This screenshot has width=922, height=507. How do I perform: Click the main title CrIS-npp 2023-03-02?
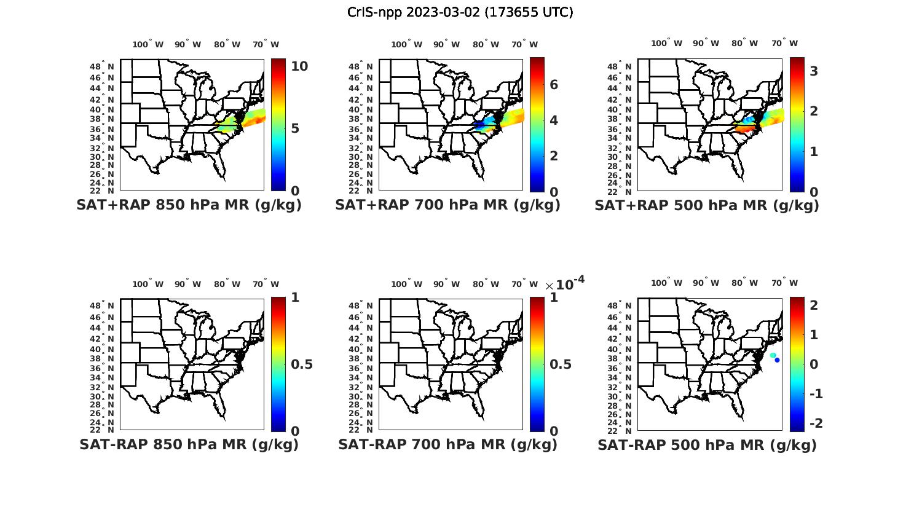[x=460, y=12]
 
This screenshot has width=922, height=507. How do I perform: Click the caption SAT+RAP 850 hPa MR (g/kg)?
[x=189, y=205]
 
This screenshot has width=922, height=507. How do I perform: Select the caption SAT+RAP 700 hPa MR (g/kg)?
[x=447, y=205]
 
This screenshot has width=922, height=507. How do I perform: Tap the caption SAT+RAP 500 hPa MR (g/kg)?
[x=707, y=205]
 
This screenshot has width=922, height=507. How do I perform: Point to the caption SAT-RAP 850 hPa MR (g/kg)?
[x=189, y=444]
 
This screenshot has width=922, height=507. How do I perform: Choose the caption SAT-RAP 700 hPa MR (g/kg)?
[x=447, y=444]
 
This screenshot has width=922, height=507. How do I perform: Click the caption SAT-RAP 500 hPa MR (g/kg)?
[x=707, y=444]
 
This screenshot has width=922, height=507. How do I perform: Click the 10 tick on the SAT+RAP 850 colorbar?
[x=299, y=66]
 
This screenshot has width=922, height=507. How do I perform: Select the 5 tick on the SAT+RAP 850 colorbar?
[x=295, y=128]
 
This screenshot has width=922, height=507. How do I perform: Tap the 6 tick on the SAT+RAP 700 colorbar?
[x=553, y=85]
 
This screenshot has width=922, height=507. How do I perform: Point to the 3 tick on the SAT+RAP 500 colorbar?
[x=814, y=71]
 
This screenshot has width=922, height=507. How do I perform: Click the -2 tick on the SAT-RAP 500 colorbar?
[x=816, y=423]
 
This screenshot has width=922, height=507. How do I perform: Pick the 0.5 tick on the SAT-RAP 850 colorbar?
[x=302, y=364]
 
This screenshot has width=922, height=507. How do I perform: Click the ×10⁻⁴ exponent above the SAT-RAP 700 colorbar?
[x=564, y=283]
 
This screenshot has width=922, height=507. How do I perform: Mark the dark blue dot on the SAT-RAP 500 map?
[x=778, y=360]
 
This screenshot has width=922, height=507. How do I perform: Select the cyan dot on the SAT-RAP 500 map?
[x=773, y=355]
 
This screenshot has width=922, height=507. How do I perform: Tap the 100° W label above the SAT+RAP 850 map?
[x=148, y=44]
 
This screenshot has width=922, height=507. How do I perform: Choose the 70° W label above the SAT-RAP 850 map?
[x=266, y=284]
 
